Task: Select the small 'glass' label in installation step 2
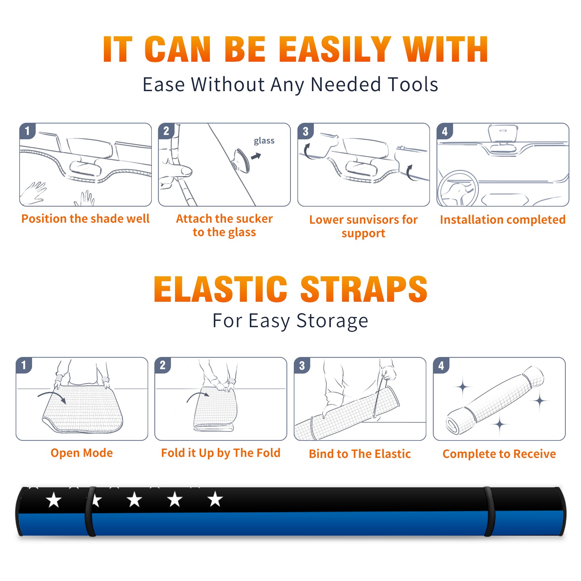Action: (x=264, y=141)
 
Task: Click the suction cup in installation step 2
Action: (x=241, y=160)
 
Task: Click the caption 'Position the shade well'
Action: (x=85, y=219)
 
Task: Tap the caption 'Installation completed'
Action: (x=503, y=219)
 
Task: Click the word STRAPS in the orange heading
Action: (x=364, y=289)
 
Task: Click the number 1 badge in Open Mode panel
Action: (x=24, y=365)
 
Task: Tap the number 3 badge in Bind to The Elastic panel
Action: (x=302, y=365)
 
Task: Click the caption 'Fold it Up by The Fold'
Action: (x=221, y=453)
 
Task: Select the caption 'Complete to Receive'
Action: (x=499, y=454)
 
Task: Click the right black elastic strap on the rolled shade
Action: (x=489, y=511)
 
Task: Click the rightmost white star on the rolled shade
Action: (x=215, y=499)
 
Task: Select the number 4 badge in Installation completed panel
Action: (x=445, y=131)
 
